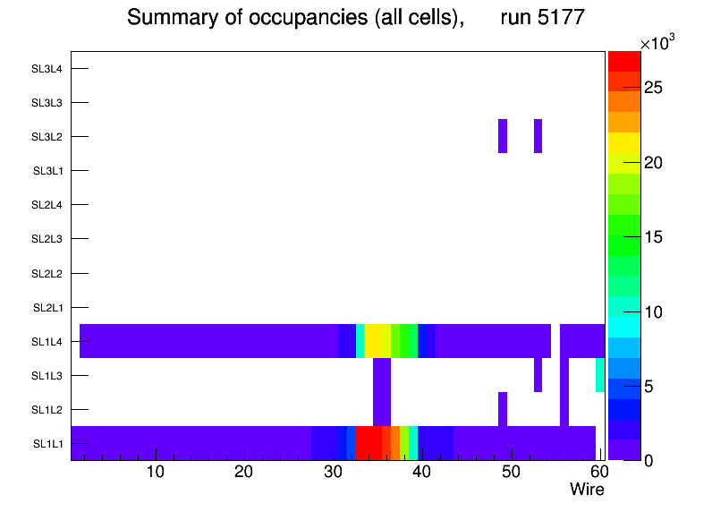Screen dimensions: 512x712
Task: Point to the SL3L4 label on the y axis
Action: coord(47,69)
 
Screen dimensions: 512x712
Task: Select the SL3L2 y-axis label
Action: coord(47,137)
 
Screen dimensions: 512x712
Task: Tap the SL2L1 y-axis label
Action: coord(47,308)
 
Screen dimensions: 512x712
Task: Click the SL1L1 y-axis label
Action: coord(47,444)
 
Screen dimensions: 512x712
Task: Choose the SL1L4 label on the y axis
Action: coord(47,342)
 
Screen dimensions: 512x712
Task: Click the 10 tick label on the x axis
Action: coord(155,472)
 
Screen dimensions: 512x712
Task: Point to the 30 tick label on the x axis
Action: coord(333,472)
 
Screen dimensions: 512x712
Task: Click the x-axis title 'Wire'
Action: coord(587,490)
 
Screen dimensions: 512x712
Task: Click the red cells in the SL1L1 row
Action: coord(369,443)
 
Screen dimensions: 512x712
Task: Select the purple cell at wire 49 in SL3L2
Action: coord(503,136)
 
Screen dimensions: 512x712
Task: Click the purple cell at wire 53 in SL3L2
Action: coord(538,136)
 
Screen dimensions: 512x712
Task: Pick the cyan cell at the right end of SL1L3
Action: coord(600,375)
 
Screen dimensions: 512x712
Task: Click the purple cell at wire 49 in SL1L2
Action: coord(503,409)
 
